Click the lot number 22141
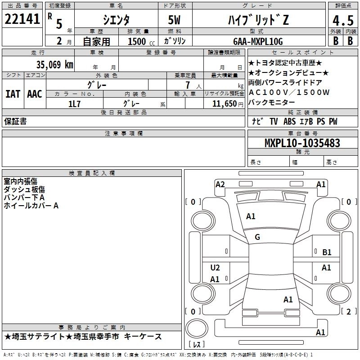22,19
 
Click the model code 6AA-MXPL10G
261,41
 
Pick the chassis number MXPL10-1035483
302,144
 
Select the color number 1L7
75,103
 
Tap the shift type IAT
13,94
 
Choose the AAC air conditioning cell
35,94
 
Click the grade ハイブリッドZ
257,19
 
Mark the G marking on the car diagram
257,237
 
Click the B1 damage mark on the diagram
327,252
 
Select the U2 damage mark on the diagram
215,268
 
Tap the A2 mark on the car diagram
220,184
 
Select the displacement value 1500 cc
138,41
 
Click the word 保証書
15,121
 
